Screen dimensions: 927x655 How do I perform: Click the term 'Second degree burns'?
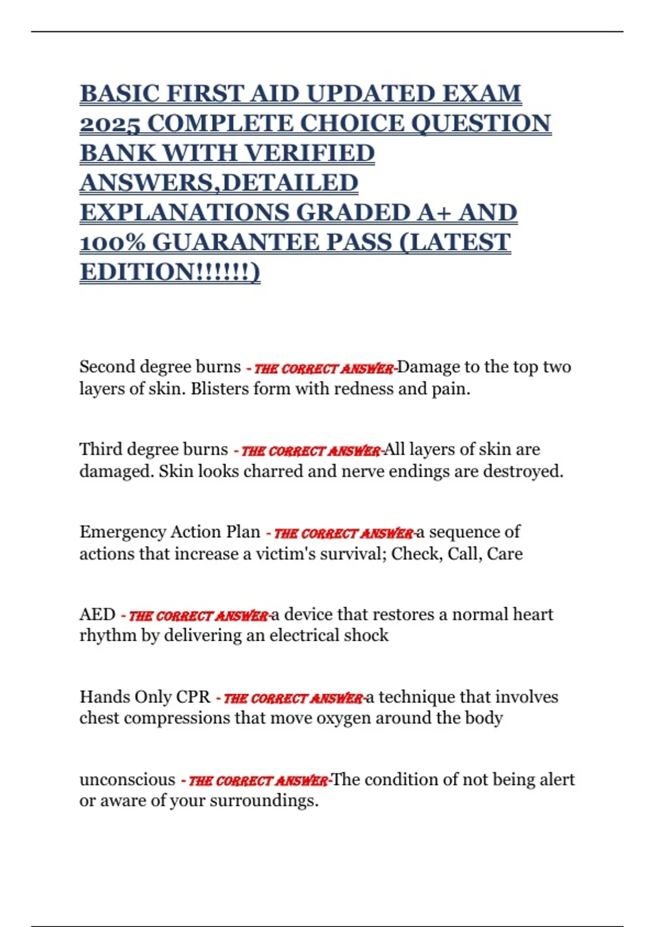(160, 367)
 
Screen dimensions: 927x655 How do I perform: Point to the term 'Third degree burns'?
(153, 449)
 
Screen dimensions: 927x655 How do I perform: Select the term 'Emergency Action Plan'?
(170, 532)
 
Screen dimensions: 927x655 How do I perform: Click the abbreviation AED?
(97, 615)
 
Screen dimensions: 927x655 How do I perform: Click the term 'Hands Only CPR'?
(145, 697)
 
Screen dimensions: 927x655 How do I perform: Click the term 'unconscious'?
(127, 780)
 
